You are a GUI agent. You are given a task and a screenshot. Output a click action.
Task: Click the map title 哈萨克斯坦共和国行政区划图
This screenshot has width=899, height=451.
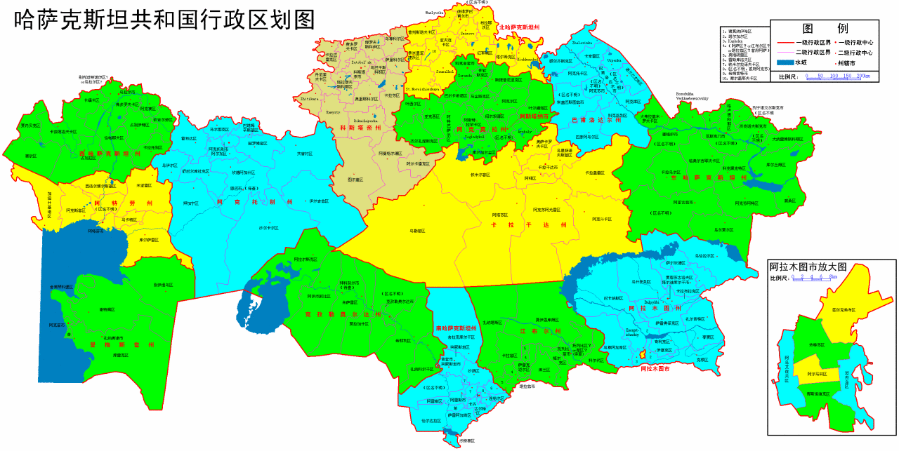(x=165, y=19)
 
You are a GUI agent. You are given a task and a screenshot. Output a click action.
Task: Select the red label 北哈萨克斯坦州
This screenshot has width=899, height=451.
(x=519, y=27)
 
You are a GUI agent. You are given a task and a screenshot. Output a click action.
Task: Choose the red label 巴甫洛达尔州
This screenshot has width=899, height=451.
(x=593, y=120)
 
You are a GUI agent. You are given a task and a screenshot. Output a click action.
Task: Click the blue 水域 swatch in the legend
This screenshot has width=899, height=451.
(x=789, y=62)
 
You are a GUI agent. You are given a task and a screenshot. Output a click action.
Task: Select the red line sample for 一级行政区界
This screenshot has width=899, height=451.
(x=789, y=43)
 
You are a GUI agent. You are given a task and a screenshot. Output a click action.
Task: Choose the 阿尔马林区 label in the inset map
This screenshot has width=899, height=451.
(x=817, y=374)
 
